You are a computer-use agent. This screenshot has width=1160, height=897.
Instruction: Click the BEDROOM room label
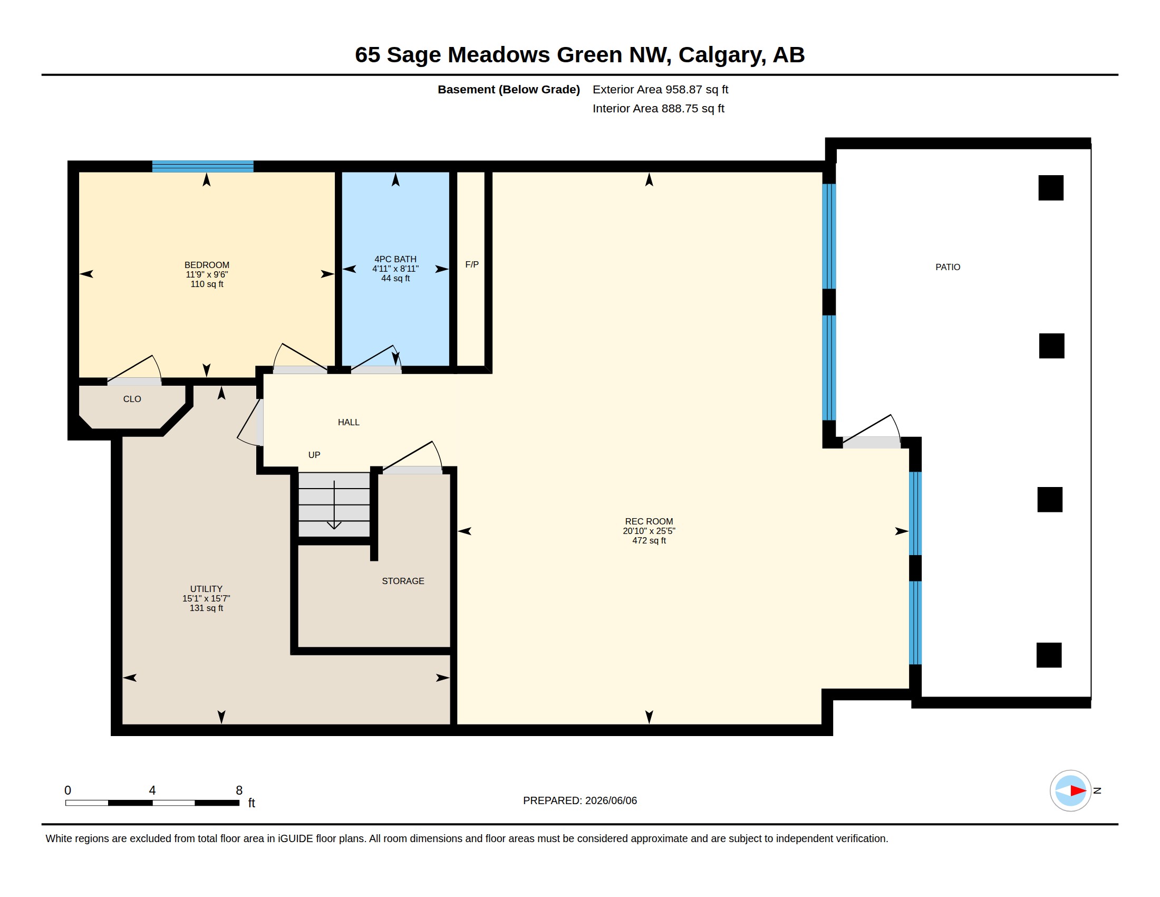(207, 265)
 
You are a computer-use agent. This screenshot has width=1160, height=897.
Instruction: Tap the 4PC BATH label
(395, 259)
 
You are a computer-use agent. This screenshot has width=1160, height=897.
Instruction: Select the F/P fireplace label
(472, 264)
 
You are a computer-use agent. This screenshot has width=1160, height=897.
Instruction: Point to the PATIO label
(948, 267)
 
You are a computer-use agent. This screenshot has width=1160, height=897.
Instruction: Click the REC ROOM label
(649, 521)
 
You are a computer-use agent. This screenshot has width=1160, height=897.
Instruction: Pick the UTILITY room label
(206, 589)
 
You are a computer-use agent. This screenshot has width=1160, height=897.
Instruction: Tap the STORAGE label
(403, 581)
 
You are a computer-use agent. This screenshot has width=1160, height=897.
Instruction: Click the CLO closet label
(132, 399)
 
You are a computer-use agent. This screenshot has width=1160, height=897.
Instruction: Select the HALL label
(349, 422)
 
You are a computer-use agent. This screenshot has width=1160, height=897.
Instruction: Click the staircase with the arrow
(334, 505)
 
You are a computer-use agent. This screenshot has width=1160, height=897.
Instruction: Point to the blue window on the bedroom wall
(202, 166)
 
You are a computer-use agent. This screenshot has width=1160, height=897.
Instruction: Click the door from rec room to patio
(872, 433)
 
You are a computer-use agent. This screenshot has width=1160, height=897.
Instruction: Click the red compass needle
(1078, 790)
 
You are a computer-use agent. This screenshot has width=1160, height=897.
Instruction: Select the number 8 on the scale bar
(239, 790)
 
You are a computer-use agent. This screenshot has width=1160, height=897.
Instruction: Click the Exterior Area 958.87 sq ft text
(660, 89)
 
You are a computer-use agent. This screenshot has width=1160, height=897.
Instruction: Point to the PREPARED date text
(579, 800)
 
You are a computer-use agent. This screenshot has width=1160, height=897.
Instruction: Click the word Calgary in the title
(722, 55)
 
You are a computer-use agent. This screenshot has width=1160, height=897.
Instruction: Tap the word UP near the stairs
(314, 455)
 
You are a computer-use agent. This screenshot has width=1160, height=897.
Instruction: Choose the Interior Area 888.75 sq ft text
(658, 108)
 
